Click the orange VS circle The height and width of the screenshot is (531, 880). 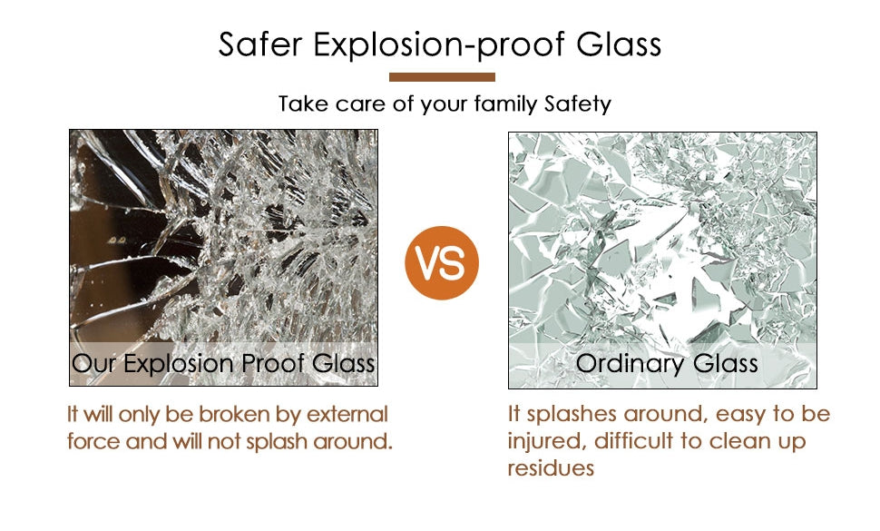click(442, 262)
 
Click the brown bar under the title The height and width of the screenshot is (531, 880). click(442, 77)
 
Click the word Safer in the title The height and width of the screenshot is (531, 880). click(260, 44)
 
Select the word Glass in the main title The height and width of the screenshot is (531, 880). click(619, 44)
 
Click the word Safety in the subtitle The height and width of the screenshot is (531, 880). click(578, 104)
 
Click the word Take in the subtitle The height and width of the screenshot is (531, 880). click(304, 103)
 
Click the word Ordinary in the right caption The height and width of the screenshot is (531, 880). click(631, 364)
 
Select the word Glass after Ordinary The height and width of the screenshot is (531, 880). click(725, 363)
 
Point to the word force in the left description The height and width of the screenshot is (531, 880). click(93, 441)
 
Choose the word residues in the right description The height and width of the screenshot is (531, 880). click(551, 468)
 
